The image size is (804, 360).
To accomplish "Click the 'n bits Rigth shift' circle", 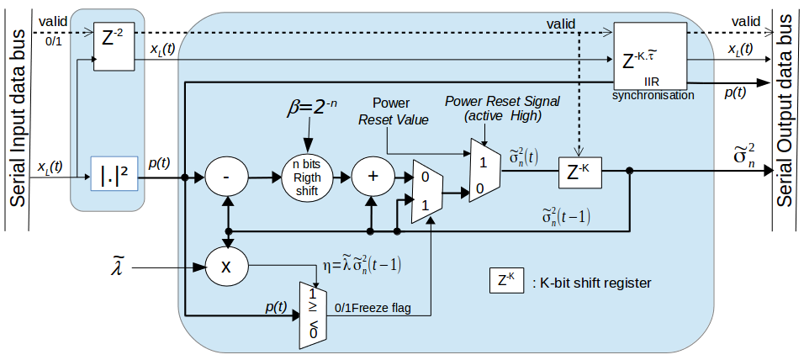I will pyautogui.click(x=307, y=177).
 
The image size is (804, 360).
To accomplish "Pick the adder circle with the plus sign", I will pyautogui.click(x=372, y=178).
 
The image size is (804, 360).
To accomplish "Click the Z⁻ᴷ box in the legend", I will pyautogui.click(x=507, y=281).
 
